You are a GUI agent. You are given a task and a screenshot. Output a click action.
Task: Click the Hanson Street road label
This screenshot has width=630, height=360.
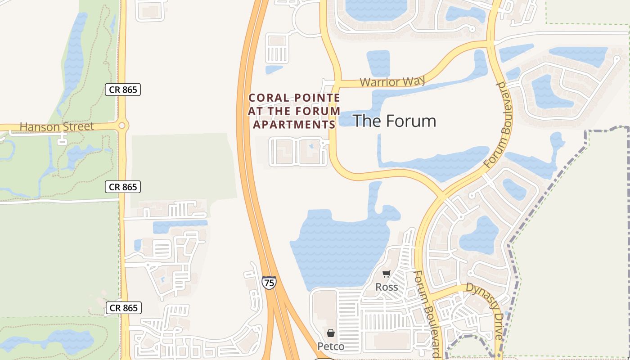(x=57, y=126)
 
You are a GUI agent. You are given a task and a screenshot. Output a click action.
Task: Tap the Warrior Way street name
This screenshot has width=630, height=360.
(x=393, y=81)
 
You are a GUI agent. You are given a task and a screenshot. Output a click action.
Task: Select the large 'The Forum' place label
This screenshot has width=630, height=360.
(x=394, y=121)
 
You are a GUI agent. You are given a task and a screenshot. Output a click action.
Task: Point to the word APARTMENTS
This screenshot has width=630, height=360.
(x=294, y=125)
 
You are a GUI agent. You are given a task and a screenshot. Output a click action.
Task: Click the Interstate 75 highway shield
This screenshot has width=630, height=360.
(x=269, y=283)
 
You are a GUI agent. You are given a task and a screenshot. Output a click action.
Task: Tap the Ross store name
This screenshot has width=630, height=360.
(x=387, y=287)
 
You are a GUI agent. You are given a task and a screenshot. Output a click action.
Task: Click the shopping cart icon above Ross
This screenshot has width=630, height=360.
(x=386, y=274)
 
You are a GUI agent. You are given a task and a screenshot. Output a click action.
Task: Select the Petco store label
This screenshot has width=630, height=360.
(x=331, y=346)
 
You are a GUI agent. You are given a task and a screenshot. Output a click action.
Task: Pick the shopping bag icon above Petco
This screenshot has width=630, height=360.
(x=331, y=333)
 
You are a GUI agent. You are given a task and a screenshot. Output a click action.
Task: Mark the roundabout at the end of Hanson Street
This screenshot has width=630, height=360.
(x=121, y=125)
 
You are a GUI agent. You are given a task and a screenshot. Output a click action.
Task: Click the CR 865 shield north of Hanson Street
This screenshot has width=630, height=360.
(x=123, y=90)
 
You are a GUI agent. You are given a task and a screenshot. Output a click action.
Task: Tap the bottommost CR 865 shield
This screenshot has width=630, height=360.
(x=124, y=308)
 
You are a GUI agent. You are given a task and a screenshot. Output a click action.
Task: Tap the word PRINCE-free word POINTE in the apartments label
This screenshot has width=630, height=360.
(x=317, y=98)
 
